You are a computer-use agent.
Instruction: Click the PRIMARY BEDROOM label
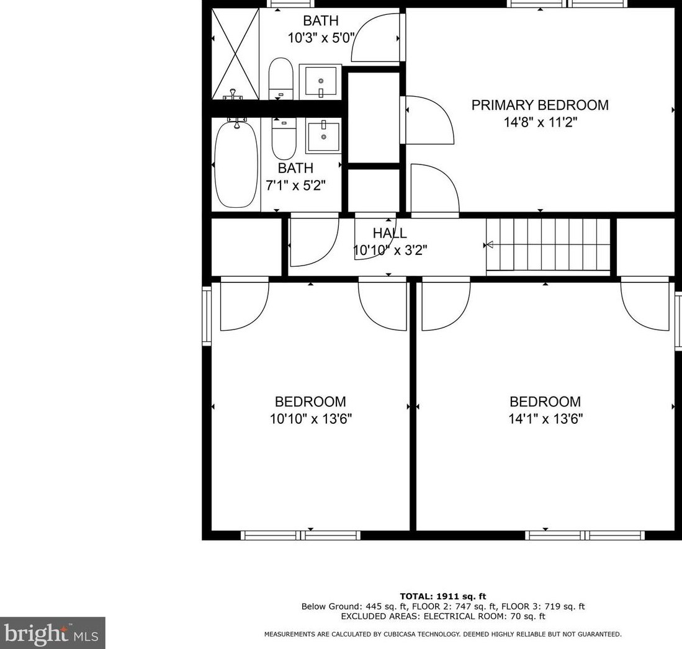[x=539, y=105]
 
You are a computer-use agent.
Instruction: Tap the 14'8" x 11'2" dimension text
[x=540, y=122]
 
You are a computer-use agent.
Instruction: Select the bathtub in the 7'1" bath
[x=236, y=164]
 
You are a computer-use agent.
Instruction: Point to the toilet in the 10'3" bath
[x=280, y=79]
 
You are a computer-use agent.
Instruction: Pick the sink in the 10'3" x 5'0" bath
[x=320, y=81]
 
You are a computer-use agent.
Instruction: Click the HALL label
[x=390, y=233]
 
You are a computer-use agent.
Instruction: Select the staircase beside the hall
[x=549, y=244]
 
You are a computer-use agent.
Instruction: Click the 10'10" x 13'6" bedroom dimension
[x=310, y=419]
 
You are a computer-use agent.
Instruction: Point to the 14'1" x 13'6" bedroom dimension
[x=545, y=419]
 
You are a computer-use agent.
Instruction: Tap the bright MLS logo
[x=53, y=633]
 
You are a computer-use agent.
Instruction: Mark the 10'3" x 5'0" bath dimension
[x=321, y=38]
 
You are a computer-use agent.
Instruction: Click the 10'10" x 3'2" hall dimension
[x=390, y=251]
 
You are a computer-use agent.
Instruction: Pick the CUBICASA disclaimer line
[x=443, y=634]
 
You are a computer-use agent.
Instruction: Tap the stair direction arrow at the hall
[x=489, y=244]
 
